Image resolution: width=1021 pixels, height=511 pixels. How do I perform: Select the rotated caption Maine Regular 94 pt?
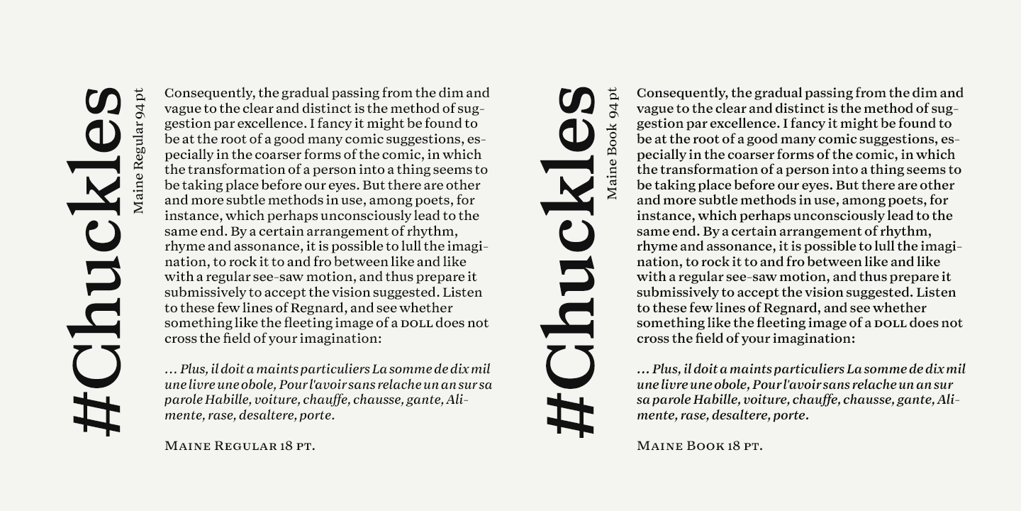click(x=138, y=151)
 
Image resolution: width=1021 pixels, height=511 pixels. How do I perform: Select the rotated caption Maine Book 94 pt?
click(x=612, y=144)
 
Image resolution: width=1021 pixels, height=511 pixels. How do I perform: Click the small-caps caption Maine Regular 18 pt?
click(x=240, y=446)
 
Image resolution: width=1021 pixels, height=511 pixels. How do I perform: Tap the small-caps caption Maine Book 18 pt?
click(x=699, y=446)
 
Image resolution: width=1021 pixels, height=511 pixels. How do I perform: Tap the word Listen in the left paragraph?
click(x=462, y=292)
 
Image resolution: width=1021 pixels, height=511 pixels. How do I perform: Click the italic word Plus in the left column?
click(x=191, y=369)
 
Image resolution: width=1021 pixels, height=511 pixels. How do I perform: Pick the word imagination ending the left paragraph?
click(x=338, y=339)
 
